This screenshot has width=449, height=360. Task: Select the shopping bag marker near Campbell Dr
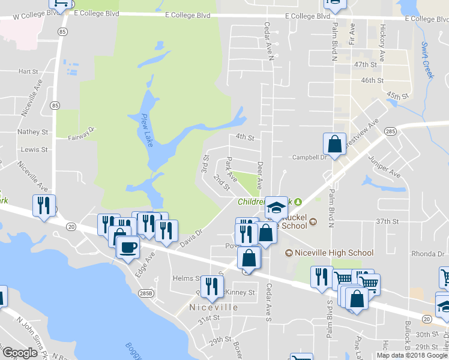[335, 144]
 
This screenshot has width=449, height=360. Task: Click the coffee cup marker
[127, 247]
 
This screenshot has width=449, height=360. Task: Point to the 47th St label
[369, 64]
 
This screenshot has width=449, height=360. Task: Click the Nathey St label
[33, 131]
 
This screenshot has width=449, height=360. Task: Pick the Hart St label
[28, 71]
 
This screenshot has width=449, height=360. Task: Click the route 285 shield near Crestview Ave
[391, 131]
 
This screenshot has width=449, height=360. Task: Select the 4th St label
[245, 137]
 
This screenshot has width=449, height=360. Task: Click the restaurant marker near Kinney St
[210, 286]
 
